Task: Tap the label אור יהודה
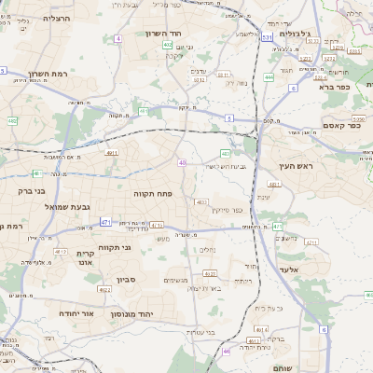point(77,314)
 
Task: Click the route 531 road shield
point(268,37)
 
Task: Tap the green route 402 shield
point(167,44)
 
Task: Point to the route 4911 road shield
point(113,152)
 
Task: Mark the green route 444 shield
point(269,77)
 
